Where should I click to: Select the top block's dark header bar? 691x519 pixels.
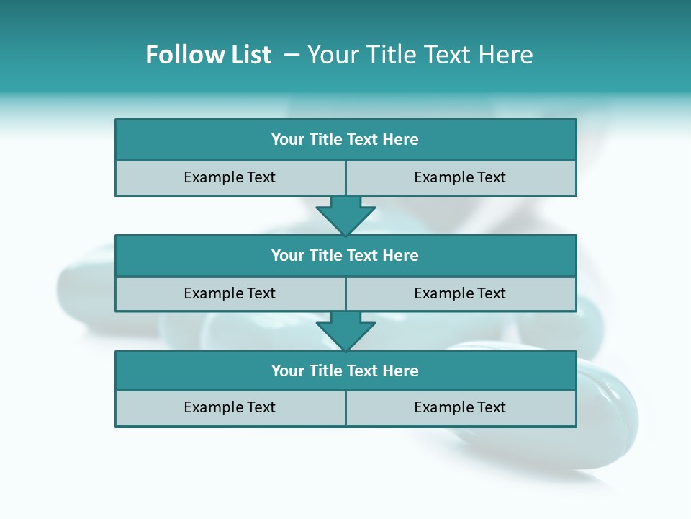(x=345, y=140)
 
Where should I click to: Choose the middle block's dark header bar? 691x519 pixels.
(x=345, y=256)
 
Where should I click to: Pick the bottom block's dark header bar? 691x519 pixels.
(x=345, y=371)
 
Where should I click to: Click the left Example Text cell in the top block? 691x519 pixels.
(x=230, y=178)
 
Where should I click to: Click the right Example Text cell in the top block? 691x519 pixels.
(x=460, y=178)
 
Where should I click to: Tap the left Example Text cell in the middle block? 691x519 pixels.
(x=230, y=294)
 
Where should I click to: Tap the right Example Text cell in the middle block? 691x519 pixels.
(x=460, y=294)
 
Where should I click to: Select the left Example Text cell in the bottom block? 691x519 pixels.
(x=230, y=408)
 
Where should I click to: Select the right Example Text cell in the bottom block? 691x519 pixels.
(x=460, y=408)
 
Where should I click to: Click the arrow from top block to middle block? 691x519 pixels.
(x=345, y=216)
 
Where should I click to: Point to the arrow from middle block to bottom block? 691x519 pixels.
(x=345, y=332)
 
